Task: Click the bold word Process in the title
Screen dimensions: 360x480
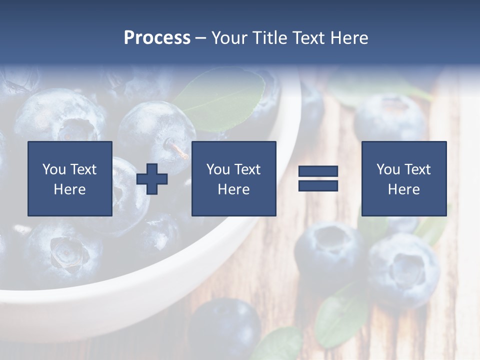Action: pos(157,38)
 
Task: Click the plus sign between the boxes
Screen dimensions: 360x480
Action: pos(152,178)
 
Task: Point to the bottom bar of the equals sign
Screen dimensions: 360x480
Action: pos(318,185)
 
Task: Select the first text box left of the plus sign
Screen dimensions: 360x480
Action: pos(70,178)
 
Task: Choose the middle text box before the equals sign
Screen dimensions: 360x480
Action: pos(233,178)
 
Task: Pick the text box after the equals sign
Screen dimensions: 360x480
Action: pos(403,178)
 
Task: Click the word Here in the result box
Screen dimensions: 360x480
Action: pos(403,189)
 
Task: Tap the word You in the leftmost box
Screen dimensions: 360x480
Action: pos(54,169)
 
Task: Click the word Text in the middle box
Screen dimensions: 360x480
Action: pos(247,169)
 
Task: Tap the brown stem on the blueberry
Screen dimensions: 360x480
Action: pos(177,149)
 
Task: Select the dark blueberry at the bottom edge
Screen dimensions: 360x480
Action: pos(225,327)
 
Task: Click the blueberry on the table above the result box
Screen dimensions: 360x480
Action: pos(390,117)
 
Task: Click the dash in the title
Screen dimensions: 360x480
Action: pos(200,38)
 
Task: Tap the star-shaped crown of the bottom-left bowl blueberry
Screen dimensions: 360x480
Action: pos(65,252)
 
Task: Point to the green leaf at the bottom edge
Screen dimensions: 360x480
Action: pos(280,345)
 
